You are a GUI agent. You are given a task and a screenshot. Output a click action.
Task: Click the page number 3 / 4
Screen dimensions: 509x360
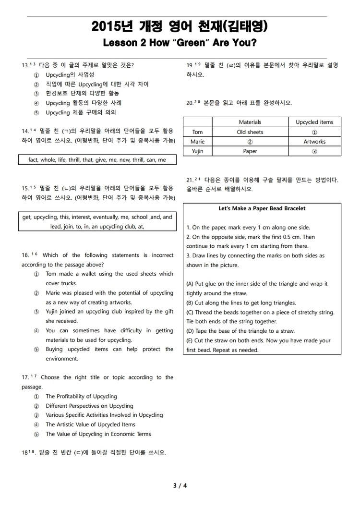click(x=180, y=485)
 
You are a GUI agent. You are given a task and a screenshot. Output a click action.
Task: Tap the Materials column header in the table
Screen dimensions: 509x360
click(x=250, y=122)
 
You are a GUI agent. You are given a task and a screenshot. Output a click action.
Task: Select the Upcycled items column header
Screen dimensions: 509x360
click(x=314, y=122)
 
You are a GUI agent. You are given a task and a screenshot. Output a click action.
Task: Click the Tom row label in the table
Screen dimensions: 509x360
click(x=197, y=132)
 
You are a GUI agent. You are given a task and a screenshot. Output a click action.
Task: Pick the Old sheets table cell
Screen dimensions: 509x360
click(x=250, y=132)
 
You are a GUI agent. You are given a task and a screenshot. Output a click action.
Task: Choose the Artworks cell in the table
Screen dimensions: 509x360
click(x=314, y=142)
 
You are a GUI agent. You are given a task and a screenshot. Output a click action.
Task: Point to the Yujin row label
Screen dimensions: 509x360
click(x=197, y=151)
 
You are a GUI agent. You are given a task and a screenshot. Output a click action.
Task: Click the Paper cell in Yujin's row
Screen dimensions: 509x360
click(x=250, y=151)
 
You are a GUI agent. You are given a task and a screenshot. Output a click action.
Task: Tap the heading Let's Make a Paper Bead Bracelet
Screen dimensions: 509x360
click(x=262, y=208)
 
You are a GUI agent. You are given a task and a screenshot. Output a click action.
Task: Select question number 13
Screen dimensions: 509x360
click(x=25, y=65)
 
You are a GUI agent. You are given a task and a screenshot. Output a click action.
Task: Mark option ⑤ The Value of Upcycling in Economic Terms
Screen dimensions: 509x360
click(x=36, y=434)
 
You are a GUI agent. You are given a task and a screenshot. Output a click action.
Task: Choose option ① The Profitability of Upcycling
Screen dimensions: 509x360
click(x=36, y=397)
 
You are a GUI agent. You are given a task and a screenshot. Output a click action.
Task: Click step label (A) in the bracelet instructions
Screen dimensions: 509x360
click(x=190, y=284)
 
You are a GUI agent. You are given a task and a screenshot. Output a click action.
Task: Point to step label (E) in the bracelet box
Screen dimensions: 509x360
click(x=190, y=340)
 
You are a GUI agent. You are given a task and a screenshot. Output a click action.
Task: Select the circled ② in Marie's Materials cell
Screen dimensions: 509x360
click(x=250, y=142)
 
